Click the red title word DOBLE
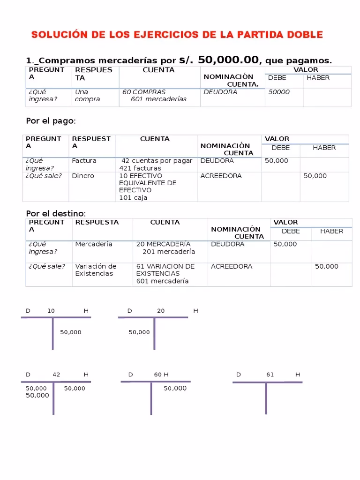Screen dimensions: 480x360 300,35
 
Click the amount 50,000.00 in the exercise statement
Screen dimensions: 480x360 228,60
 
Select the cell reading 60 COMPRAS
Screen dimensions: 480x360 144,92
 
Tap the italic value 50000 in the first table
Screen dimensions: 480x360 279,92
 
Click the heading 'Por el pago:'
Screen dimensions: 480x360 51,121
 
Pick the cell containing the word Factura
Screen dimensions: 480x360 84,161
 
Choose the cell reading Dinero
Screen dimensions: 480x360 83,176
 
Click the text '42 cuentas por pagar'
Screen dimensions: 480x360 157,161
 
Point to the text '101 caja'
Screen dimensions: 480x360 133,198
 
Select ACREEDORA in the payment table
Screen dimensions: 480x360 221,176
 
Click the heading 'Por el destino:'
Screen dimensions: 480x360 56,214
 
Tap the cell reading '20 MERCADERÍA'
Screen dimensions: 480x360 163,244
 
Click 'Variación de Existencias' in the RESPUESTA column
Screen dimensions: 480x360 96,270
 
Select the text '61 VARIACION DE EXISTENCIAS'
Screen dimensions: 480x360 165,270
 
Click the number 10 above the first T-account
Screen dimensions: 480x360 51,311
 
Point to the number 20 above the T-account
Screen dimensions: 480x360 161,311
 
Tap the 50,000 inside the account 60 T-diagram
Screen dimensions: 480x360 175,388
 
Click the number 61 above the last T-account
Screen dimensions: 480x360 270,375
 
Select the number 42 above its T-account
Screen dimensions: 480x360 56,375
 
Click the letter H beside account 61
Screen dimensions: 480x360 298,375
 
